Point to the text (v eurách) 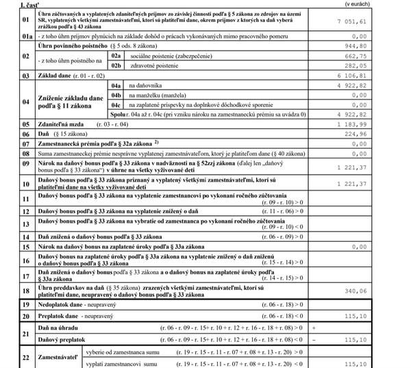tap(393, 4)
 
